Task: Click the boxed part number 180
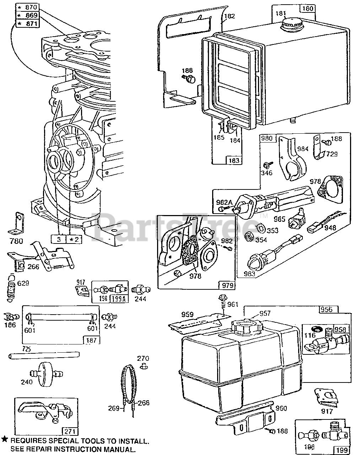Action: (308, 8)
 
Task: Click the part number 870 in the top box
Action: (30, 7)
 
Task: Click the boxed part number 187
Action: (91, 340)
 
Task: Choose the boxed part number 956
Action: (326, 309)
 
